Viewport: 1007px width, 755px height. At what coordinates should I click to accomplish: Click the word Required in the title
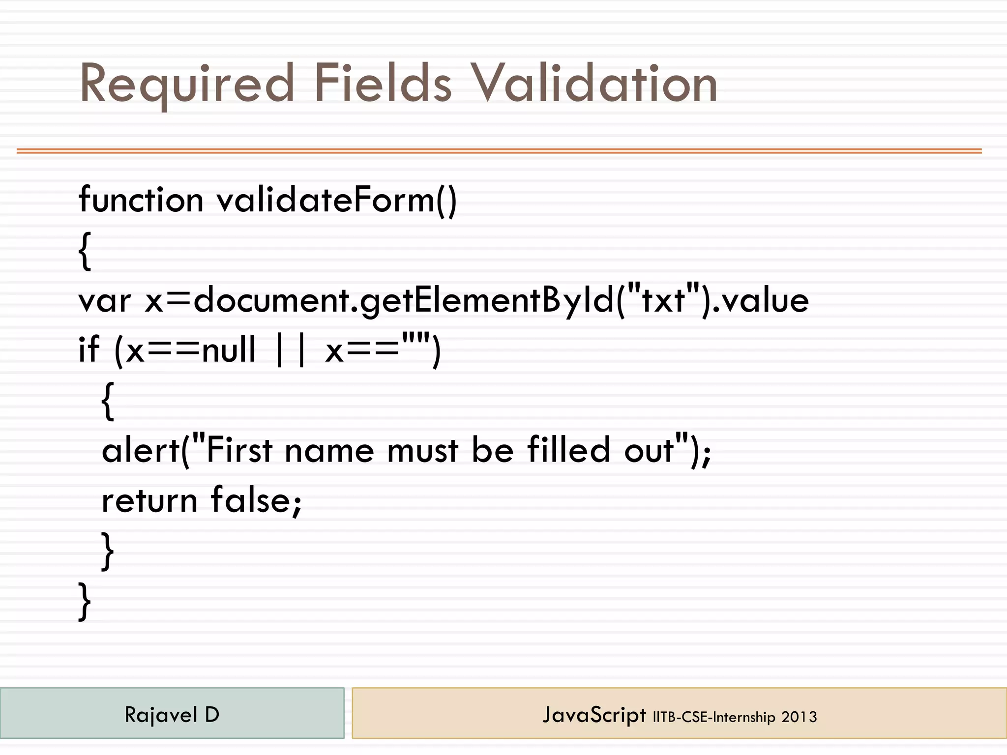187,85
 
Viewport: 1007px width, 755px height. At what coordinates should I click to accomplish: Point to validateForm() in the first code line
337,200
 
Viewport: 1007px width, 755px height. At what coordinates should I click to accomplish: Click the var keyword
105,301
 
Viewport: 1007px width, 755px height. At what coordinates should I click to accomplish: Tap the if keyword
89,349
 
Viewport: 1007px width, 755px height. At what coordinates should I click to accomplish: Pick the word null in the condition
229,349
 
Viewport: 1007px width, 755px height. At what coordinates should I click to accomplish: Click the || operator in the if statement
291,349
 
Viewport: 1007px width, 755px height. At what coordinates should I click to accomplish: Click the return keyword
149,500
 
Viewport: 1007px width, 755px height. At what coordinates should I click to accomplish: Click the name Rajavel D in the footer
172,714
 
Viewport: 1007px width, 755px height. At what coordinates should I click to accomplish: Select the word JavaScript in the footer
594,715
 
